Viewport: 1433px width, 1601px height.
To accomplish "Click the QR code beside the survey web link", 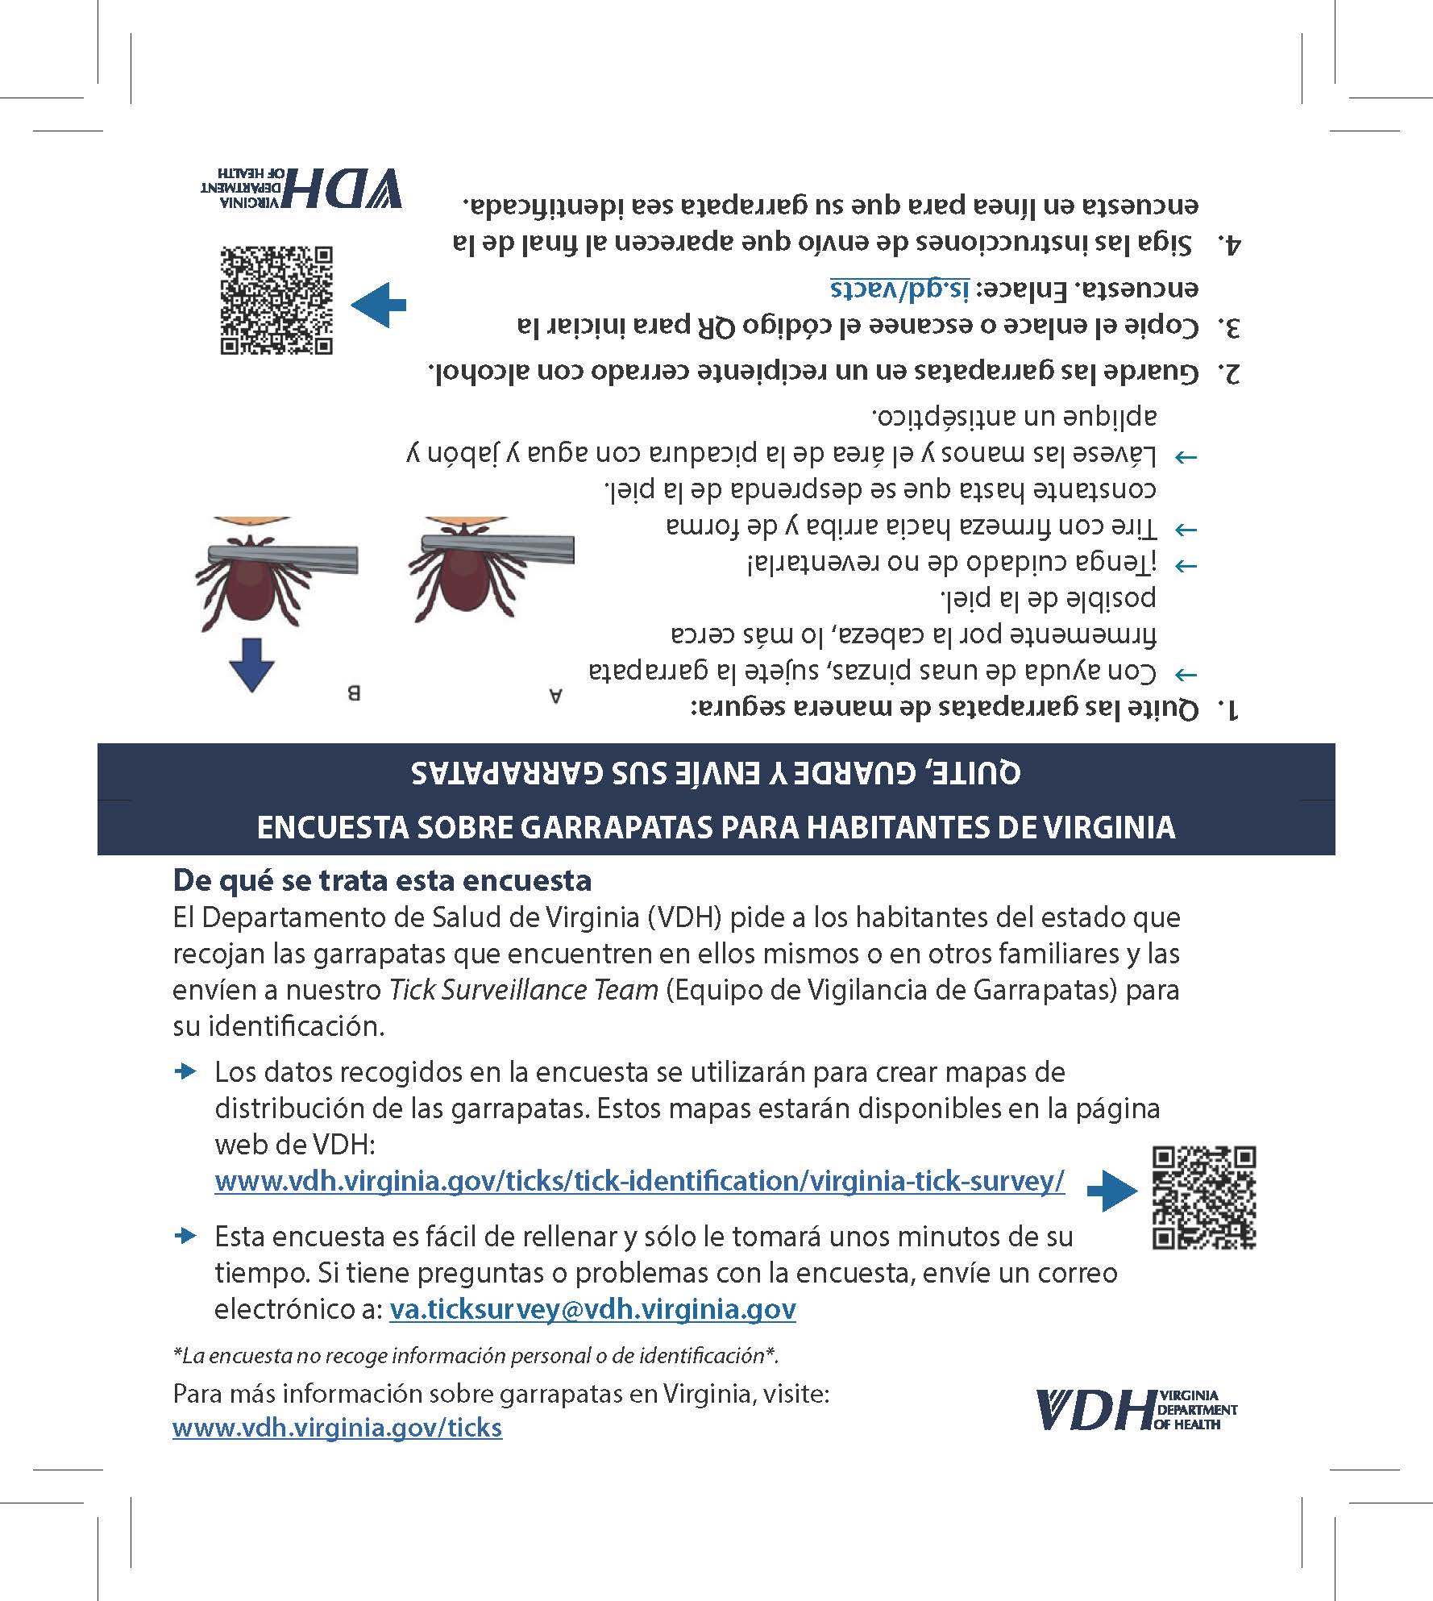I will (1204, 1197).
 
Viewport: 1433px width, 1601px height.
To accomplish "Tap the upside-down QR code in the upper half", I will (276, 300).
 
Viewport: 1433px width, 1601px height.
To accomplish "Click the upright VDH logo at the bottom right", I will (1136, 1409).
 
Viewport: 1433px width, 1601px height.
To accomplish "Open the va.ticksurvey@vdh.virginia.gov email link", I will (592, 1309).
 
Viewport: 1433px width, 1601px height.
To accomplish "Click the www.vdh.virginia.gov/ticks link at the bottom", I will (337, 1428).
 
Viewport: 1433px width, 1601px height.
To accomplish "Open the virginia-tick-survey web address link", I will (639, 1182).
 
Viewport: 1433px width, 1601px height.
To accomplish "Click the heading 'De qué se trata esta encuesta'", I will (382, 880).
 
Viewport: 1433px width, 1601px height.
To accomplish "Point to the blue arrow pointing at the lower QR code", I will (1112, 1191).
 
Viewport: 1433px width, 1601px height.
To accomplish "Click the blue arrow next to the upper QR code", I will (378, 305).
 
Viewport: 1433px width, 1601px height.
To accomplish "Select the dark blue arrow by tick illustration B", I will (251, 664).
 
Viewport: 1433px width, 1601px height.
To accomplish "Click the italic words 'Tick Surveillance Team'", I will (524, 990).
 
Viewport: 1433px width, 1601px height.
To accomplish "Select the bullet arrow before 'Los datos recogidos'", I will (186, 1071).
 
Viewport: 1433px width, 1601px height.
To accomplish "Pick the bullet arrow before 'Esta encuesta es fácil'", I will (186, 1236).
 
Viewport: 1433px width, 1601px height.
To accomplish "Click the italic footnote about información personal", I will (476, 1356).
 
